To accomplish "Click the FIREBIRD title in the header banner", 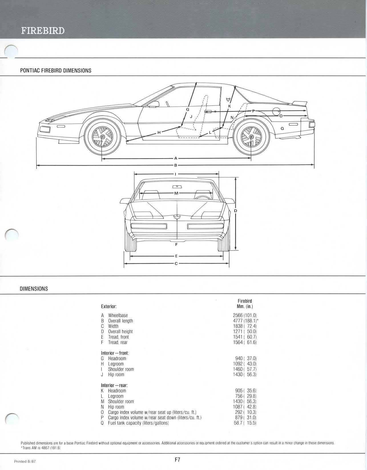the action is pyautogui.click(x=43, y=31).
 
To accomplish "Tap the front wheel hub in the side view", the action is pyautogui.click(x=102, y=137).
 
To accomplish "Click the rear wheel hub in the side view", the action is pyautogui.click(x=251, y=137).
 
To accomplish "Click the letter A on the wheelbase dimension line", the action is pyautogui.click(x=176, y=159).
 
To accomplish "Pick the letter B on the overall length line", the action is pyautogui.click(x=176, y=165).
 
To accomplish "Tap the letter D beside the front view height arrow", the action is pyautogui.click(x=236, y=211).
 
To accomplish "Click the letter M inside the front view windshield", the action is pyautogui.click(x=176, y=193).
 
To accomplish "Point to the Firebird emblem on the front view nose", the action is pyautogui.click(x=177, y=217).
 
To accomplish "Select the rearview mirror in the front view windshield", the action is pyautogui.click(x=177, y=187).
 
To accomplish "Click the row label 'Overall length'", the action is pyautogui.click(x=120, y=321).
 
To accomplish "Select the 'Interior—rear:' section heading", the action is pyautogui.click(x=114, y=385).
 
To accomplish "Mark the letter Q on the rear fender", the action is pyautogui.click(x=282, y=128).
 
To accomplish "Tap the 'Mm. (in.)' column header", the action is pyautogui.click(x=245, y=307).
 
